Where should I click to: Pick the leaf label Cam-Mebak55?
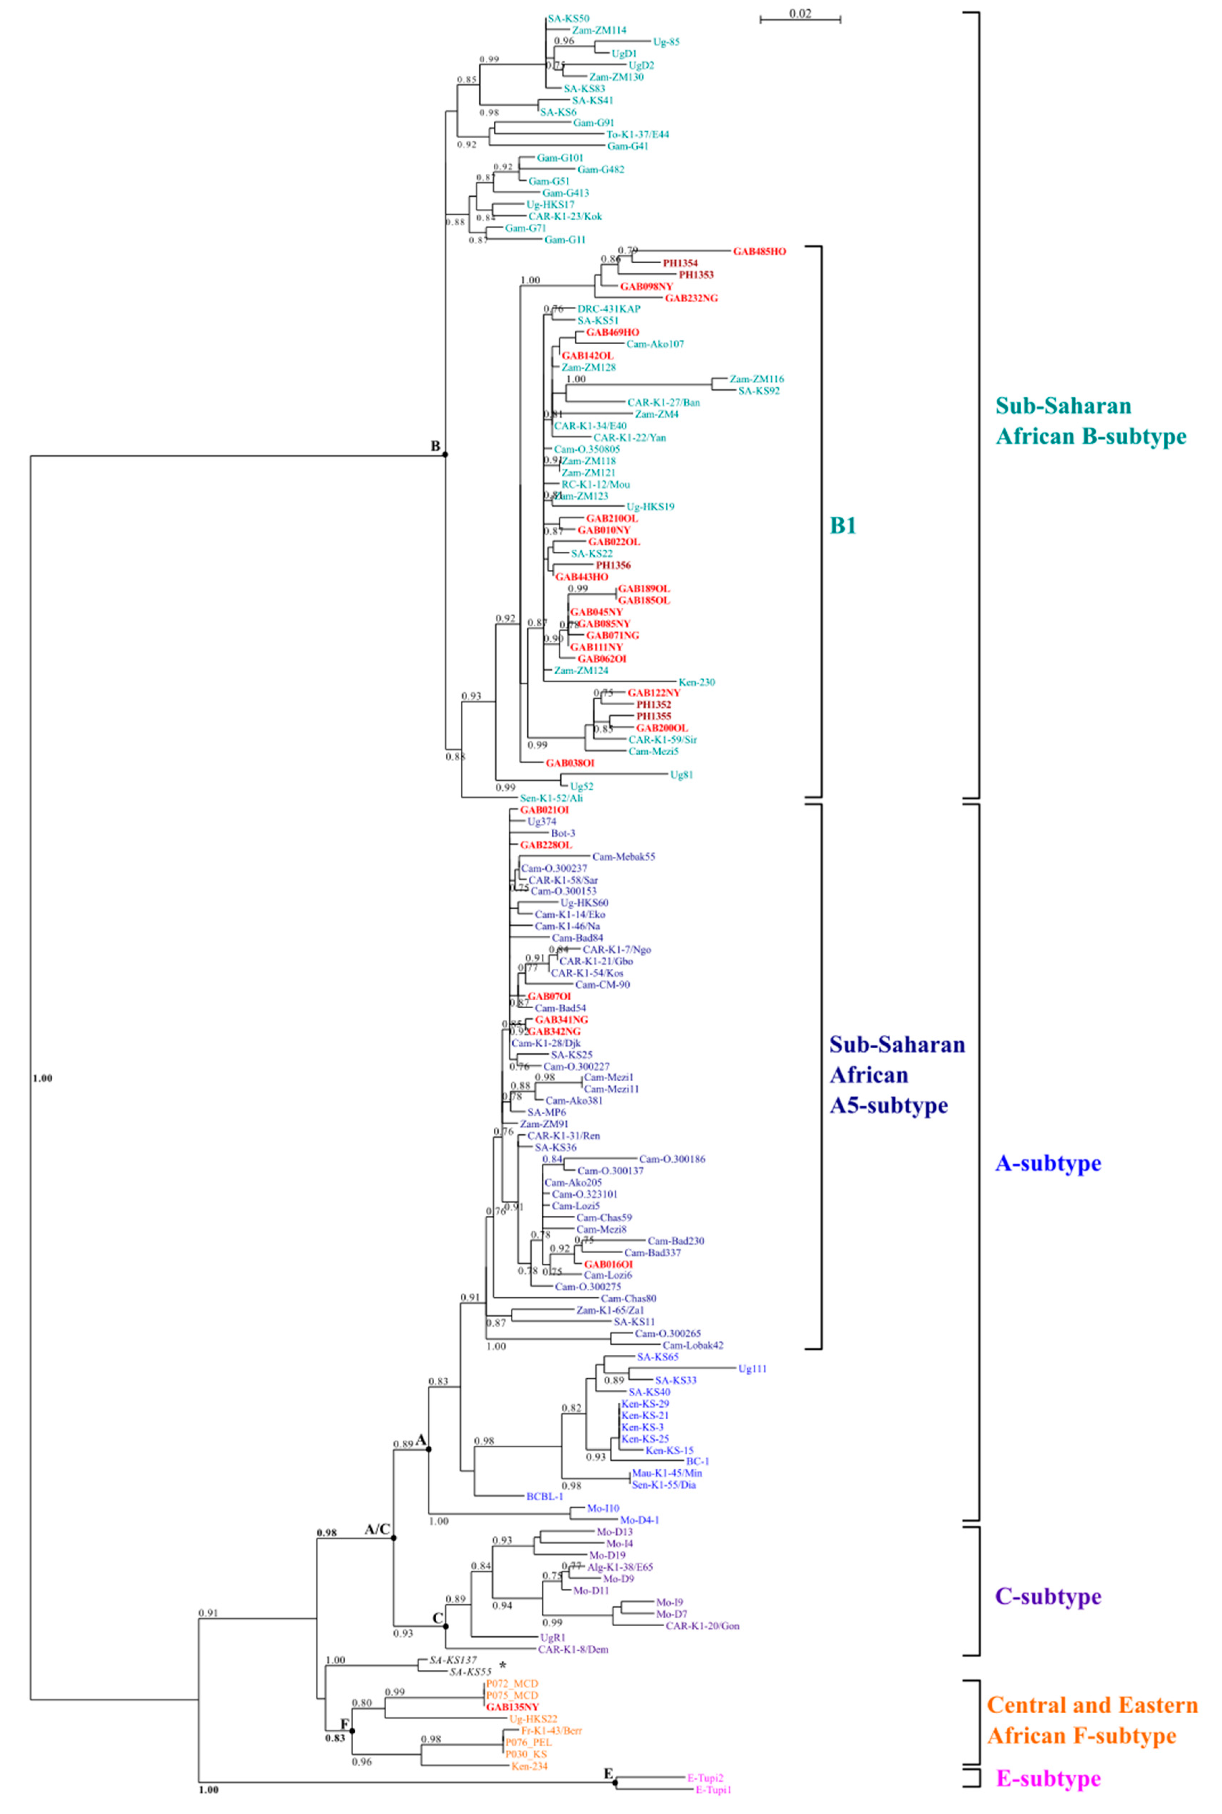(x=623, y=856)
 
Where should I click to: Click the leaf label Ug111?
(x=752, y=1368)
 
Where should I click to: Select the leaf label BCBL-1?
(x=544, y=1496)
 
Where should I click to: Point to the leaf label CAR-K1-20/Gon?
(x=702, y=1626)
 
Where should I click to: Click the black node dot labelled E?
(x=615, y=1782)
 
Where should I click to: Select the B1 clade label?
(x=843, y=526)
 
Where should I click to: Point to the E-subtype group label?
(x=1048, y=1778)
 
